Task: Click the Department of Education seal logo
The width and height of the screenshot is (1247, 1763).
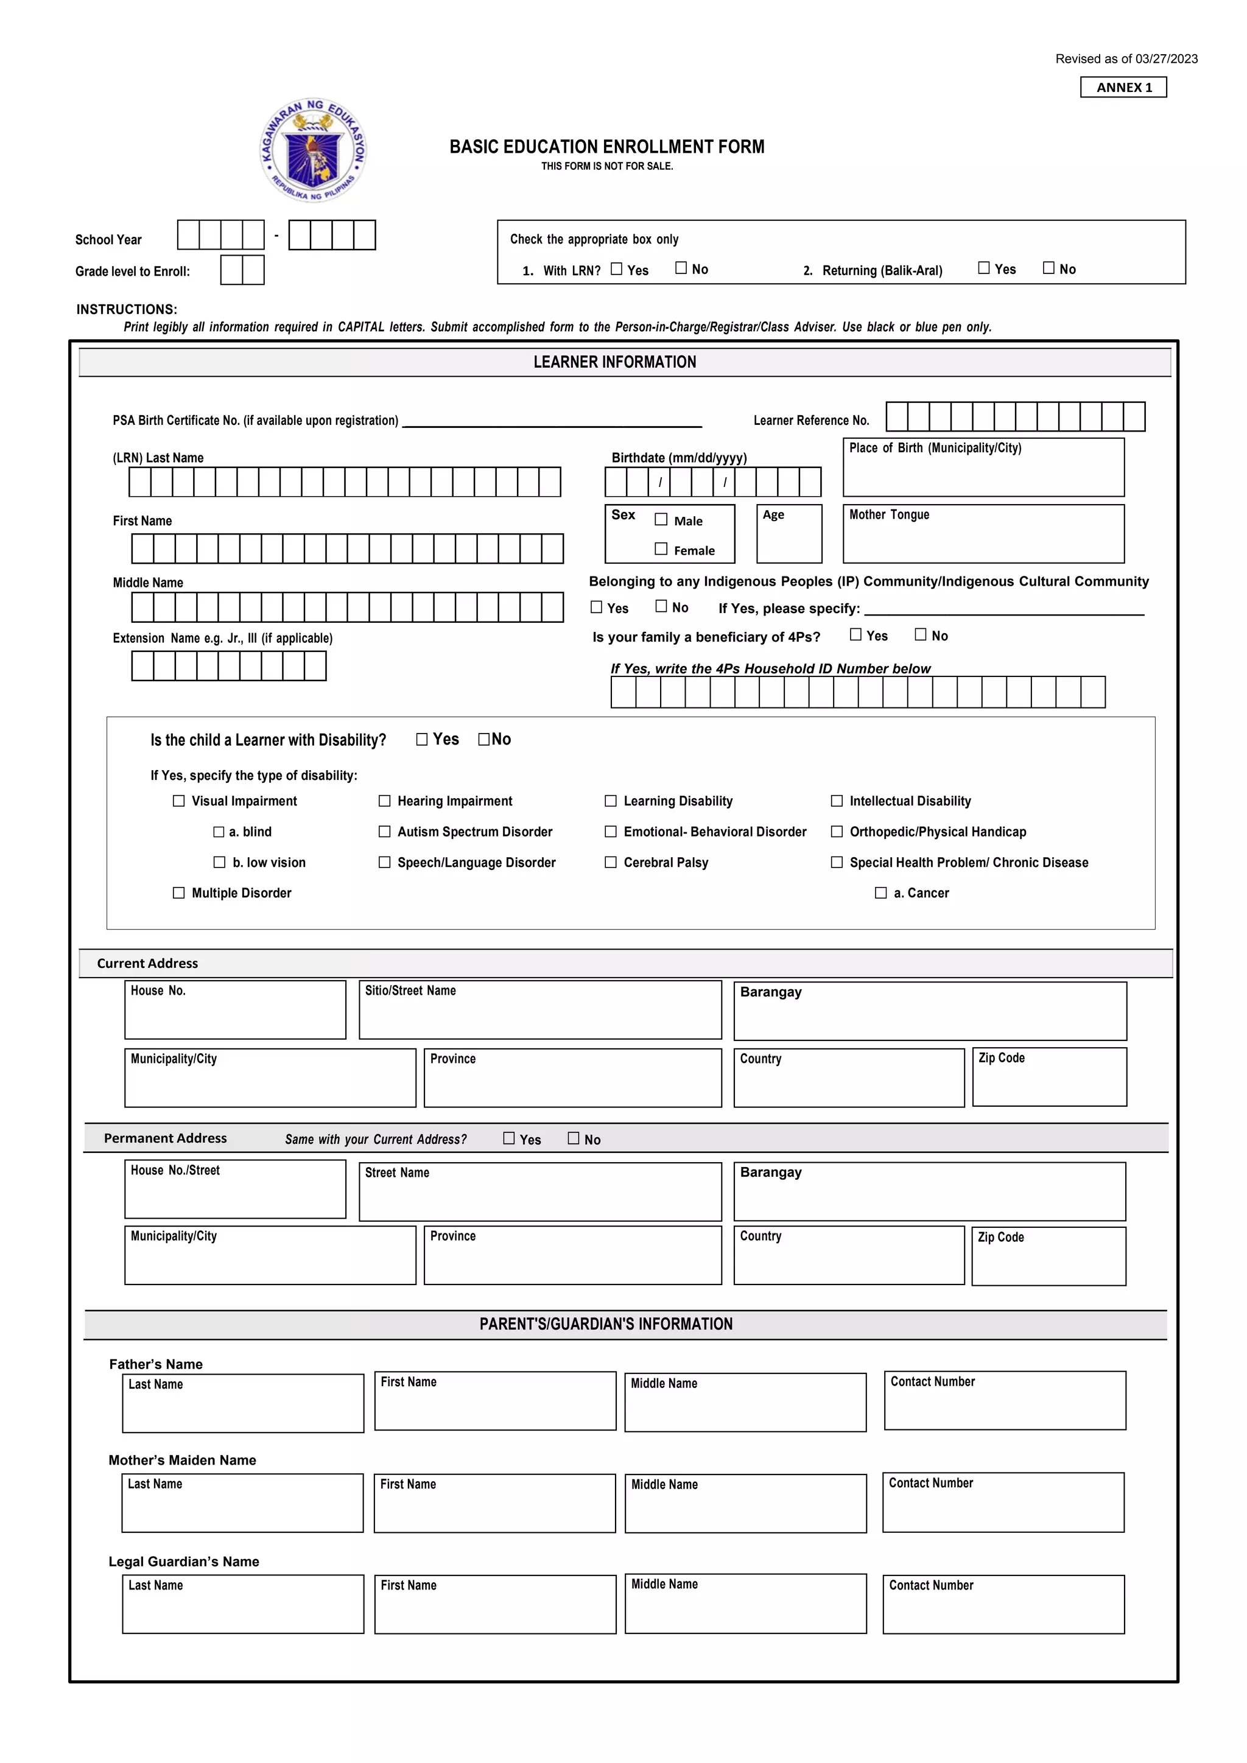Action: point(314,150)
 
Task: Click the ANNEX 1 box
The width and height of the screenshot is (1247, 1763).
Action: point(1123,88)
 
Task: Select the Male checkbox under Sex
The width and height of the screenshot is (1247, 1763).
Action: point(661,520)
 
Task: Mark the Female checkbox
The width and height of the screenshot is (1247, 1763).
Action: point(661,549)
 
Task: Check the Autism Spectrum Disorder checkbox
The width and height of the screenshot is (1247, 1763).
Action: point(385,832)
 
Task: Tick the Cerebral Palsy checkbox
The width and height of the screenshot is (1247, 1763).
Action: point(611,862)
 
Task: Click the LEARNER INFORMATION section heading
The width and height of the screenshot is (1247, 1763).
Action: point(615,362)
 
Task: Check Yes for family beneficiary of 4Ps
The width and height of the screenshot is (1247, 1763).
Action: point(856,635)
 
